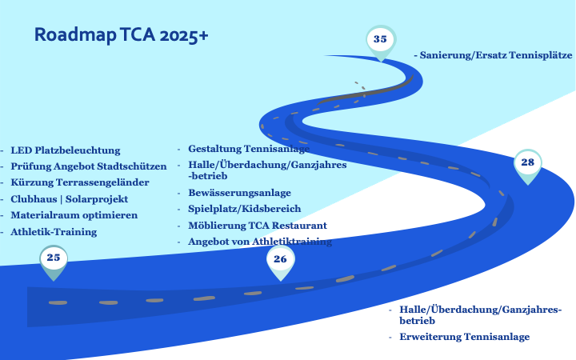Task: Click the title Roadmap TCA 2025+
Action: (122, 35)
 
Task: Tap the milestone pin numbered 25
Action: (54, 258)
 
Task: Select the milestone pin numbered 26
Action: (280, 260)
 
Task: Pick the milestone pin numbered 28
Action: (527, 163)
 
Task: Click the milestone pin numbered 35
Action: (380, 40)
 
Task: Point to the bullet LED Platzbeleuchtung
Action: (65, 150)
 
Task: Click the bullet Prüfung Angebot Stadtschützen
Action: (88, 166)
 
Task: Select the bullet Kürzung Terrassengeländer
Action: (78, 182)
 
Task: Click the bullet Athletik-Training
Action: (54, 232)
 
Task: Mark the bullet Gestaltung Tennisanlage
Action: (249, 149)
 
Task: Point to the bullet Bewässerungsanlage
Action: (239, 193)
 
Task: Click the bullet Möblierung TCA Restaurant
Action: (257, 226)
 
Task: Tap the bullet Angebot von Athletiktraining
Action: (259, 242)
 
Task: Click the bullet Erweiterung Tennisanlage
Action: (464, 337)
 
